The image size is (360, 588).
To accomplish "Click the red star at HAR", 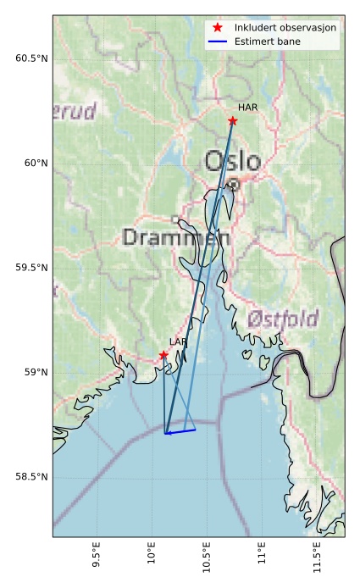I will [x=232, y=121].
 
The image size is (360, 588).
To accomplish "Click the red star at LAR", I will [x=163, y=355].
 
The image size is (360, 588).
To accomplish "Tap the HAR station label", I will [x=247, y=108].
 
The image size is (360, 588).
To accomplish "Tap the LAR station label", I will [x=178, y=341].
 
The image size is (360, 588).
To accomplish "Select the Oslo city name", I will [x=232, y=161].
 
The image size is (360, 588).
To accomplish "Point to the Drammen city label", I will [x=176, y=237].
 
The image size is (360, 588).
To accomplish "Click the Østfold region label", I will [x=283, y=319].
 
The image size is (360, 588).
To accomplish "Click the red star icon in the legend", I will [x=218, y=28].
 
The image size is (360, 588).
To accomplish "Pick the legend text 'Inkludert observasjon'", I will [x=285, y=28].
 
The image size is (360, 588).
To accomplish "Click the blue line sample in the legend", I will [x=218, y=41].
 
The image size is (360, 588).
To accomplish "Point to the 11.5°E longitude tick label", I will [x=317, y=556].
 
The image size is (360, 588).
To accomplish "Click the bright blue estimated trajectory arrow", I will [x=180, y=431].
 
